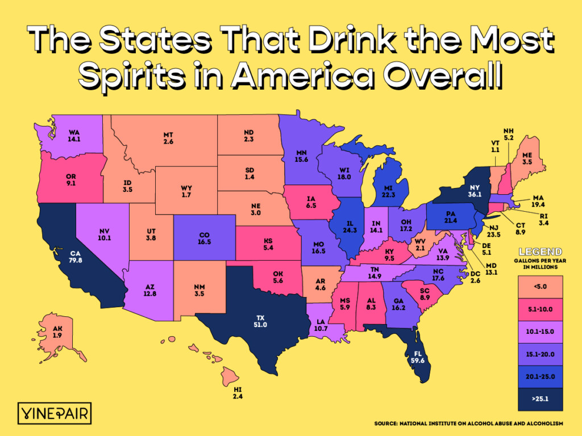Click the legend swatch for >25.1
pyautogui.click(x=540, y=399)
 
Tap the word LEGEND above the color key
pyautogui.click(x=540, y=251)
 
